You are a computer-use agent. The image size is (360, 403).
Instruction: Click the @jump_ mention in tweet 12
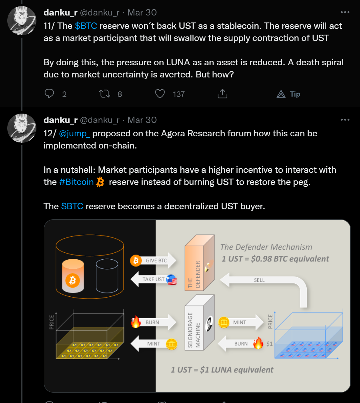pyautogui.click(x=75, y=134)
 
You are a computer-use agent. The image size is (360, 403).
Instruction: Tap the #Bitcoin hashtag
pyautogui.click(x=76, y=182)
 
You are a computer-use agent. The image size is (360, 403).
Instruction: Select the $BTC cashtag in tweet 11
pyautogui.click(x=86, y=26)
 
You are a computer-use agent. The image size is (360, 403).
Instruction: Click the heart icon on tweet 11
pyautogui.click(x=160, y=94)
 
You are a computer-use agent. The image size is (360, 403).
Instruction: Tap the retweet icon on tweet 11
pyautogui.click(x=104, y=94)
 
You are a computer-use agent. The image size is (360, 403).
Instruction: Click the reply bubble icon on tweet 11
pyautogui.click(x=49, y=94)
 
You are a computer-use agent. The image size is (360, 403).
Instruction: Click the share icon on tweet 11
pyautogui.click(x=222, y=94)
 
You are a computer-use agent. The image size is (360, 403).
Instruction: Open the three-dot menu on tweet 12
pyautogui.click(x=345, y=120)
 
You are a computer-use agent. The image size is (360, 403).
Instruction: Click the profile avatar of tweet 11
pyautogui.click(x=22, y=21)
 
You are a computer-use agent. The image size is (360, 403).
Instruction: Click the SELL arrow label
pyautogui.click(x=259, y=280)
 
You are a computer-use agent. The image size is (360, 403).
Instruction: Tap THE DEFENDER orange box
pyautogui.click(x=199, y=263)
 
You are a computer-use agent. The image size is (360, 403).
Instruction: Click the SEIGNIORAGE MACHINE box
pyautogui.click(x=199, y=323)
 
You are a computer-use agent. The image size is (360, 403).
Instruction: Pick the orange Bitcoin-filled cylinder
pyautogui.click(x=73, y=276)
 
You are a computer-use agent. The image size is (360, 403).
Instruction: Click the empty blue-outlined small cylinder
pyautogui.click(x=107, y=276)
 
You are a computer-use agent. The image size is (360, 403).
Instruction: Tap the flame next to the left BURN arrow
pyautogui.click(x=136, y=322)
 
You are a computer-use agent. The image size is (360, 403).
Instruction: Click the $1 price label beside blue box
pyautogui.click(x=269, y=344)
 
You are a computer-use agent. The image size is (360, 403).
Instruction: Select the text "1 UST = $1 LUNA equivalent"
pyautogui.click(x=222, y=370)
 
